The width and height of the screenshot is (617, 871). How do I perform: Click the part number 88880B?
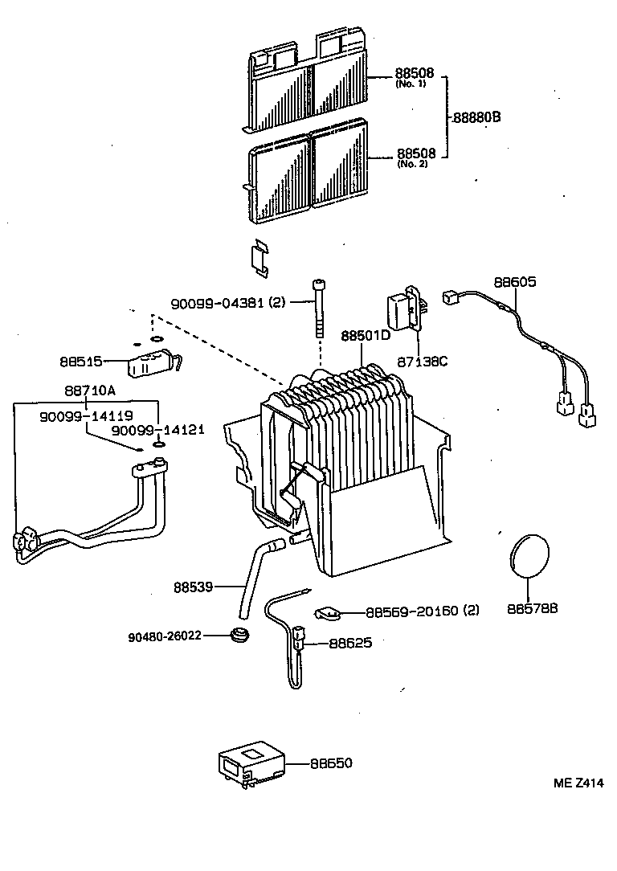[x=477, y=117]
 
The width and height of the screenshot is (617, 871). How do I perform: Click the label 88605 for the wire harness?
[x=514, y=283]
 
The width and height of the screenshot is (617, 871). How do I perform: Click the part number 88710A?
[x=89, y=391]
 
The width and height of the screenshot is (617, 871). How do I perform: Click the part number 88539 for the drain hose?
[x=192, y=587]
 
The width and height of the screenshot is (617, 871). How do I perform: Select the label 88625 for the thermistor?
[x=350, y=643]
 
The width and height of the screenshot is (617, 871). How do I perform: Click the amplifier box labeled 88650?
[x=251, y=763]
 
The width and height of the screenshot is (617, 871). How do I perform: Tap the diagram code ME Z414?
[x=577, y=783]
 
